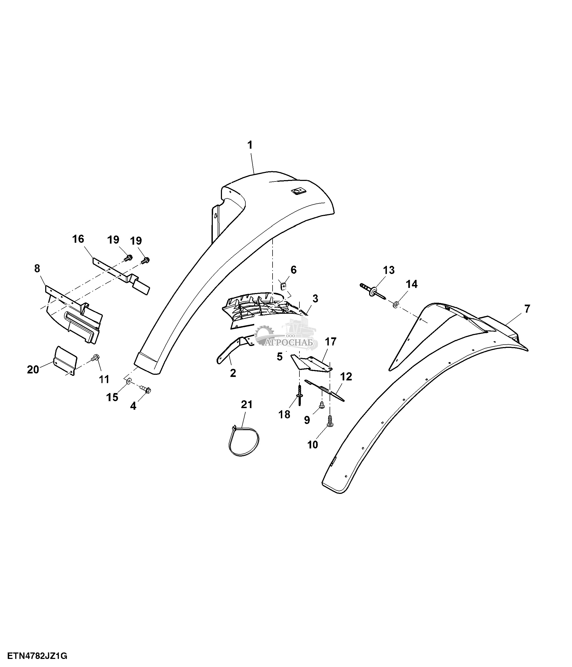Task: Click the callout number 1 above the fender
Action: [250, 145]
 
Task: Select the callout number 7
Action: [527, 309]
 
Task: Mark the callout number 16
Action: [78, 239]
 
